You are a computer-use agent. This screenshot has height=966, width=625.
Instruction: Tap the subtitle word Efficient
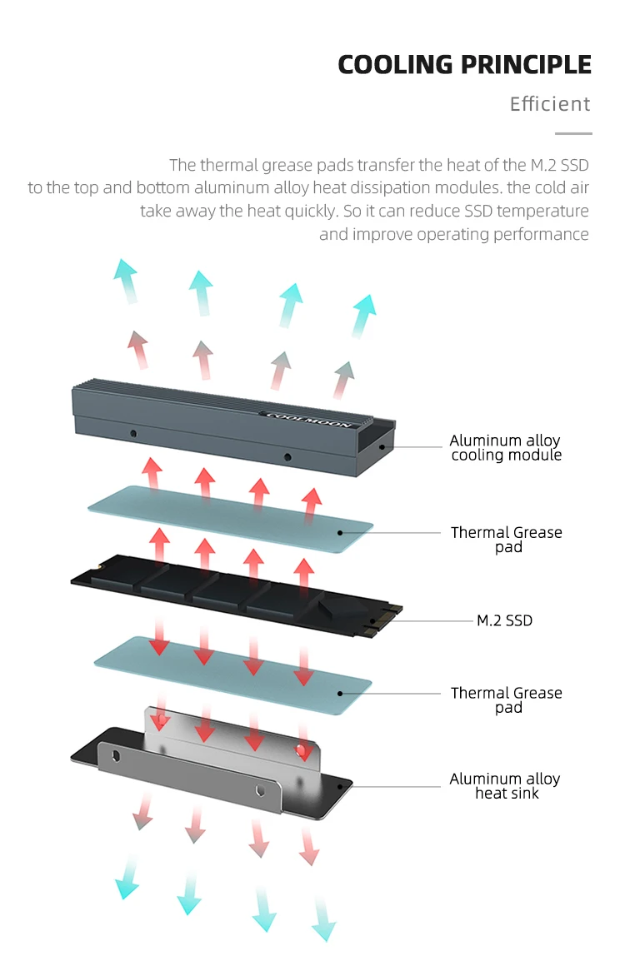(550, 104)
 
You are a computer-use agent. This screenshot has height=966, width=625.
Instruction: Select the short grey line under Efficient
(573, 133)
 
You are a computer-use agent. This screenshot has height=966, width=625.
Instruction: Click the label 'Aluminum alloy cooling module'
(506, 447)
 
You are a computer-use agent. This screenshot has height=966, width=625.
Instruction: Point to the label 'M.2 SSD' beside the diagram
(504, 620)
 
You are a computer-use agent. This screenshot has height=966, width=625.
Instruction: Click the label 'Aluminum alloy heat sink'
(506, 786)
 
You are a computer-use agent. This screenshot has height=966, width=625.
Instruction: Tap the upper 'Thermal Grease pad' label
(507, 539)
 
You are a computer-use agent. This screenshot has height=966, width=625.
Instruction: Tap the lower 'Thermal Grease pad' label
(507, 700)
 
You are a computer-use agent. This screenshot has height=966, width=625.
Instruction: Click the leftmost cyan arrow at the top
(127, 279)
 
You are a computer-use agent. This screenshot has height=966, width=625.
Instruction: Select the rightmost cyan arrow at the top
(363, 315)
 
